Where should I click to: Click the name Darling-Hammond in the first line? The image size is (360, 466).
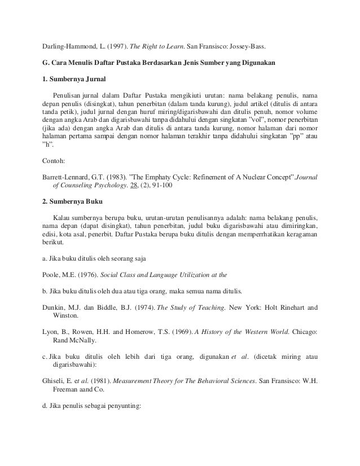click(68, 44)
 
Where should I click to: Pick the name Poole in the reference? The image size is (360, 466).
click(52, 275)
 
